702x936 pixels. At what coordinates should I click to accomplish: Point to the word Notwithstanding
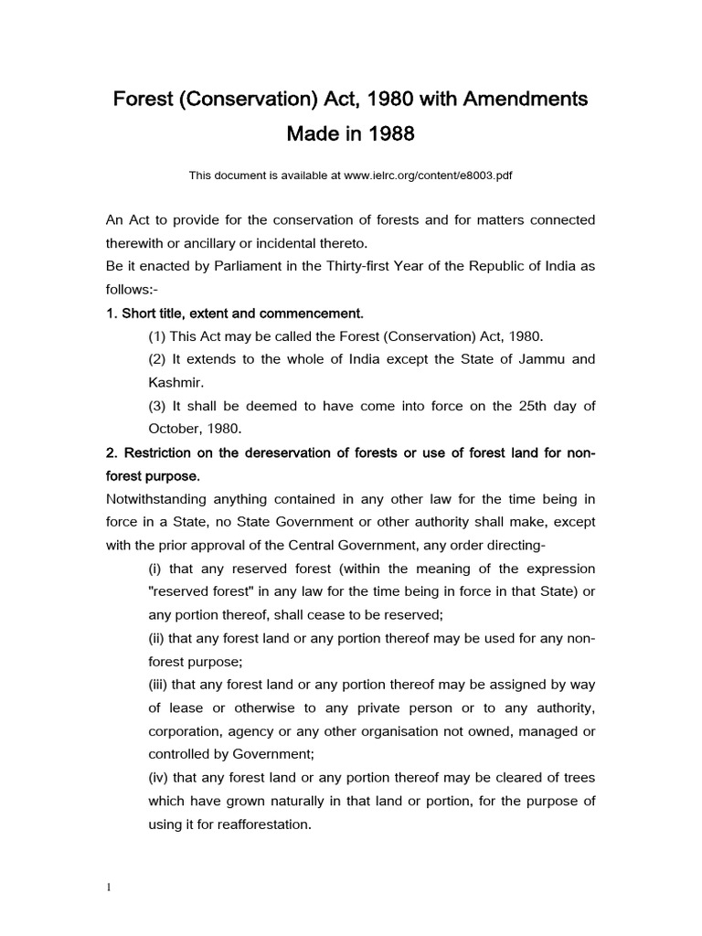pos(155,499)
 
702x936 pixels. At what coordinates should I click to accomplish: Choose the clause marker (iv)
pos(159,778)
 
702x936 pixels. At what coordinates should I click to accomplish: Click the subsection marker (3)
pos(157,406)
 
